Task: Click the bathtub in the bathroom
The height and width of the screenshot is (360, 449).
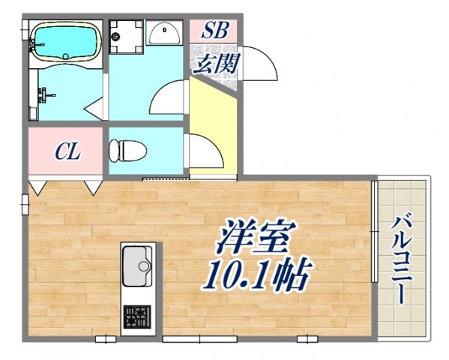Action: click(64, 40)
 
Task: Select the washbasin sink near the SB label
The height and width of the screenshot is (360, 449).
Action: click(163, 32)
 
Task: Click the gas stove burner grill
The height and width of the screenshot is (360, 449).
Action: click(136, 317)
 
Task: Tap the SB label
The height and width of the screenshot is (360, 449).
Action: click(214, 31)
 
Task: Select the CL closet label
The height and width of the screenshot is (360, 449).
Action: click(67, 151)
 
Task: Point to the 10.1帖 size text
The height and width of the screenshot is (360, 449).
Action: click(255, 277)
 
